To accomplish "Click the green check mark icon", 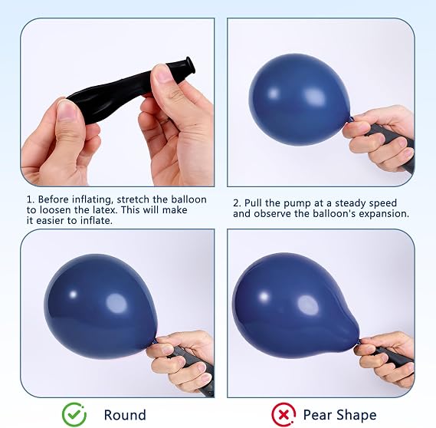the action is click(74, 415).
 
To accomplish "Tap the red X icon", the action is click(284, 415).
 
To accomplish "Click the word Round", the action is click(125, 415).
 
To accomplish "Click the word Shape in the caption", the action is click(356, 416).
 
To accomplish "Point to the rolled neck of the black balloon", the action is click(188, 66).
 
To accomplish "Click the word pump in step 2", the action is click(297, 204).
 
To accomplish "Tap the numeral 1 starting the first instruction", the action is click(29, 199).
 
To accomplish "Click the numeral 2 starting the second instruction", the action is click(236, 203).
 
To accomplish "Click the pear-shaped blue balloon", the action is click(295, 305).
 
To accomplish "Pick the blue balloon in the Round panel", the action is click(100, 306).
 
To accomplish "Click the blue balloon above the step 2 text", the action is click(299, 100).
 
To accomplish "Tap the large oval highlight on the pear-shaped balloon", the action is click(308, 305).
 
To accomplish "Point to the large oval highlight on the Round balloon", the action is click(116, 304).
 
